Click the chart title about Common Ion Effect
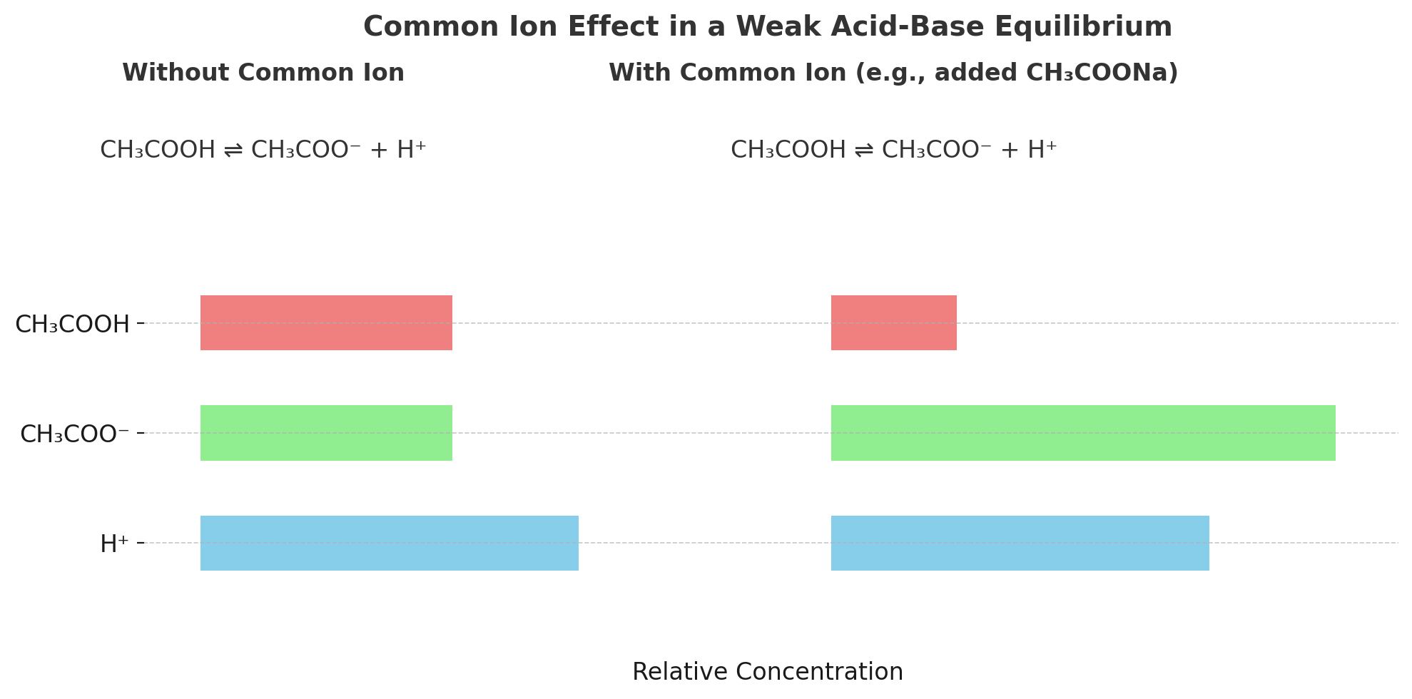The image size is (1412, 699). [x=767, y=27]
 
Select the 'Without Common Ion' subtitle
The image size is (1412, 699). [x=263, y=73]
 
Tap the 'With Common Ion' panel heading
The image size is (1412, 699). [x=893, y=73]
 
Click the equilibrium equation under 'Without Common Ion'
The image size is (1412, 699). [x=263, y=150]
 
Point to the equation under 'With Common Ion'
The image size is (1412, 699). [x=893, y=150]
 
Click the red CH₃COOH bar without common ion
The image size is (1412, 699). [x=326, y=322]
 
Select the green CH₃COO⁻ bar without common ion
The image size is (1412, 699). [x=326, y=433]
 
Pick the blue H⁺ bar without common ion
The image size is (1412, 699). [x=389, y=543]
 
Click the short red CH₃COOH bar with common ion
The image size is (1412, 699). [x=893, y=322]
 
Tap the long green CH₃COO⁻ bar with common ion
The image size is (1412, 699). [x=1082, y=433]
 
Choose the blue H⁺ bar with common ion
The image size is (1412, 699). [x=1020, y=543]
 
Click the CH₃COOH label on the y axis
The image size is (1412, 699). [x=72, y=325]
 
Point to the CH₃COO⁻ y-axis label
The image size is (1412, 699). [x=74, y=434]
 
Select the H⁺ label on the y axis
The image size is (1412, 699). [x=114, y=544]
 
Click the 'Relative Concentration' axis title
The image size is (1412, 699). [x=767, y=672]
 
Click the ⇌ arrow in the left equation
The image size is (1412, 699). [x=233, y=150]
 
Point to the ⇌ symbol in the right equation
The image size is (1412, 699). [x=863, y=150]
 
